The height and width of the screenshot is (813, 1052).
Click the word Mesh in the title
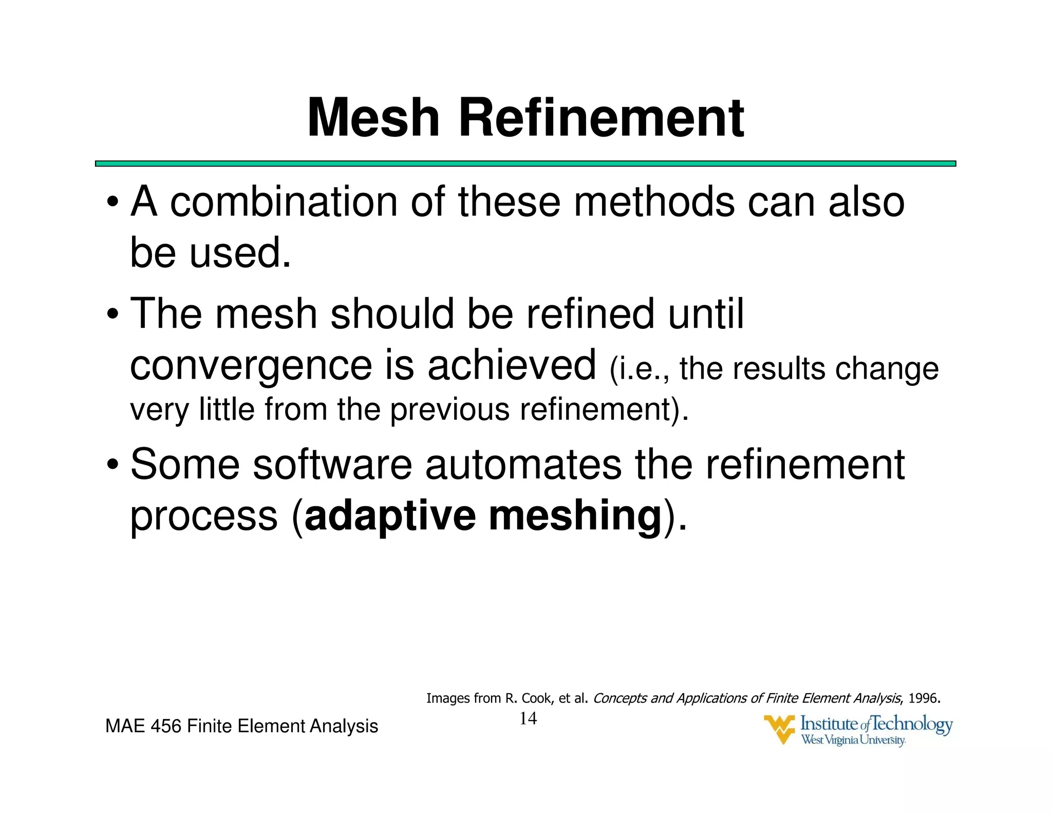point(373,118)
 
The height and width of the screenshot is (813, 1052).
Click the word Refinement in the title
point(600,118)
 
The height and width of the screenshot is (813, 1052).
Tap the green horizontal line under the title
point(525,163)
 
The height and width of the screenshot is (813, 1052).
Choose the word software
point(332,465)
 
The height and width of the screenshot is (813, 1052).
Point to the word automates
point(523,466)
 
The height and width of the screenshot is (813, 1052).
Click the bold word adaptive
point(390,516)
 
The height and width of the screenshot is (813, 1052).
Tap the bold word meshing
point(575,516)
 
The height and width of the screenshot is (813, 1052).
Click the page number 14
point(528,718)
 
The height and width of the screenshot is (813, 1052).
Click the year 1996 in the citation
point(923,698)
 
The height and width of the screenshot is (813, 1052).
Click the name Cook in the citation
point(536,698)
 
